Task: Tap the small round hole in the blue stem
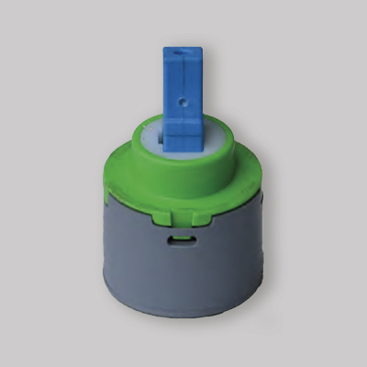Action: coord(184,96)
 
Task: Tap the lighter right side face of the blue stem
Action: coord(195,92)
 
